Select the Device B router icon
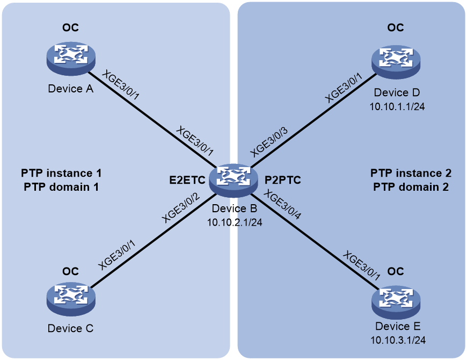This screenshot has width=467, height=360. click(233, 181)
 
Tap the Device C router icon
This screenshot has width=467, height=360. click(71, 300)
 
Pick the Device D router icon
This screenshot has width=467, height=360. click(396, 62)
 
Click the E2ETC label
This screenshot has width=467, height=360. click(187, 180)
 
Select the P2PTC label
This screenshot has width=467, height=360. click(283, 180)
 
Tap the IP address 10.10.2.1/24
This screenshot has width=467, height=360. click(235, 222)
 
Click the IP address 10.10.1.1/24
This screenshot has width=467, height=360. click(397, 106)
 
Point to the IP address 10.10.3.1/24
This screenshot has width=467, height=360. click(398, 340)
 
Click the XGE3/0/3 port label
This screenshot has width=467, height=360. click(269, 142)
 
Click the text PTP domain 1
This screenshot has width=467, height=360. click(61, 187)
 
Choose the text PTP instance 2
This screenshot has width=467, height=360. click(411, 173)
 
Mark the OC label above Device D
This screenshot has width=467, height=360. click(396, 28)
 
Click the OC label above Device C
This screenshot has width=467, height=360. click(70, 271)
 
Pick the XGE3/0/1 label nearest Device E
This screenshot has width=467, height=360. click(362, 266)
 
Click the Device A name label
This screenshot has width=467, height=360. click(70, 89)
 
